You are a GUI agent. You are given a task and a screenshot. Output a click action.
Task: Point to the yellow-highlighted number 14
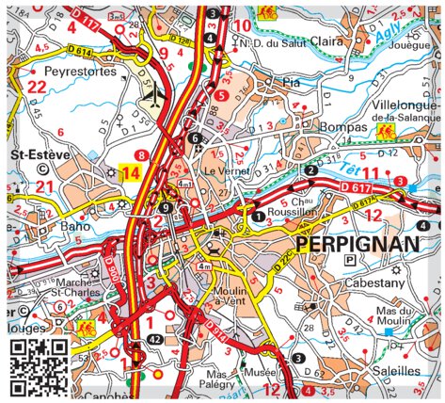[x=131, y=172]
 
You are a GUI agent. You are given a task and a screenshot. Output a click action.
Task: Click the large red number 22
[x=36, y=87]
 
